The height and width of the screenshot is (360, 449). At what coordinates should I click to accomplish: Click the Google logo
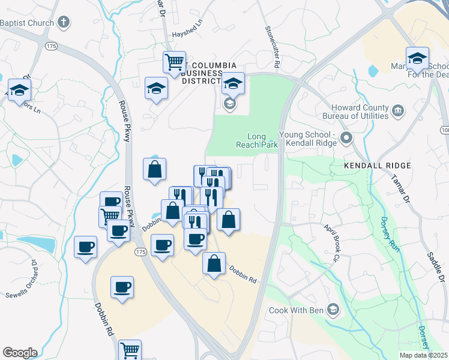coord(20,353)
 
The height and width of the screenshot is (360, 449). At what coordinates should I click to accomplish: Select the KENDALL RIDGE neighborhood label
coord(377,165)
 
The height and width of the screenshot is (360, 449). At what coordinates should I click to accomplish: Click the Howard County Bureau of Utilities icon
coord(397,110)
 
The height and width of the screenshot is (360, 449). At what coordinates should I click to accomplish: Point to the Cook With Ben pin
coord(333,310)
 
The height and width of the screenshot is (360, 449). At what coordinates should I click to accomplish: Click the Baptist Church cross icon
coord(64,23)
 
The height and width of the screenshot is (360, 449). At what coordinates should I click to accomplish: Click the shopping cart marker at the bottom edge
coord(130,350)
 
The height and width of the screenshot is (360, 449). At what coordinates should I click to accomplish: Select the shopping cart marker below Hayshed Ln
coord(174,62)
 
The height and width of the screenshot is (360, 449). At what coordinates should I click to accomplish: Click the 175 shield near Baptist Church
coord(51,46)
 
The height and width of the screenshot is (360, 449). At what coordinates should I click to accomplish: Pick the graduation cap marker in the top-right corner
coord(417,59)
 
